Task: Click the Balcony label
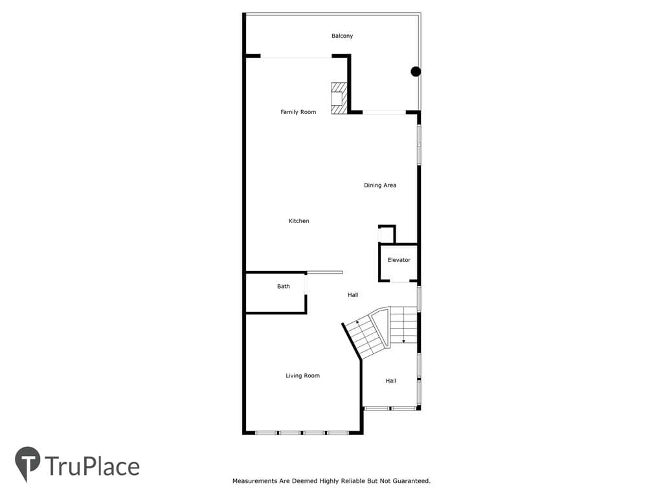click(x=342, y=36)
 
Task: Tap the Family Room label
click(x=298, y=112)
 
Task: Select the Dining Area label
click(x=379, y=185)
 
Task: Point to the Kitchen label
click(x=298, y=220)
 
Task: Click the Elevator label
click(x=399, y=260)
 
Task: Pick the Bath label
click(x=284, y=286)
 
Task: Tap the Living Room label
click(x=302, y=375)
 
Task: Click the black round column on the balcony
click(x=416, y=71)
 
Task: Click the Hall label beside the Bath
click(x=353, y=295)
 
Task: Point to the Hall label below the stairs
click(x=390, y=381)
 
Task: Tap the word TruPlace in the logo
click(x=92, y=466)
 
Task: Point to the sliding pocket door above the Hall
click(x=325, y=272)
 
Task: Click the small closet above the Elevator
click(x=387, y=234)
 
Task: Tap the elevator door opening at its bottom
click(x=399, y=281)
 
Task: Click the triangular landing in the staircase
click(x=383, y=326)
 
